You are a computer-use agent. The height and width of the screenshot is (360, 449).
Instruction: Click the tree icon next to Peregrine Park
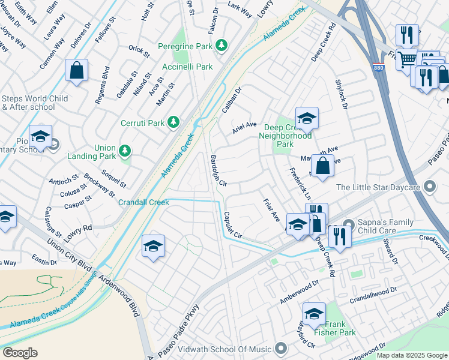point(221,46)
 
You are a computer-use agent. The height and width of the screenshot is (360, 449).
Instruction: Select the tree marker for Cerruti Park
point(173,122)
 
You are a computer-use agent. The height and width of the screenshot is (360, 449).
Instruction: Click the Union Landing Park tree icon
point(125,150)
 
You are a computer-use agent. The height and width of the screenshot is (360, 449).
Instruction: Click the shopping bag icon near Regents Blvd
point(77,71)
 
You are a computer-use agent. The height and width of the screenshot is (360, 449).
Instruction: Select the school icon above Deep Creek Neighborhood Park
point(306,118)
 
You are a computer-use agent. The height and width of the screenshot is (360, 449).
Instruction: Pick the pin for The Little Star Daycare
point(429,187)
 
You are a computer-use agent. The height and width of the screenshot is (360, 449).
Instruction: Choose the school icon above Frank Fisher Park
point(313,314)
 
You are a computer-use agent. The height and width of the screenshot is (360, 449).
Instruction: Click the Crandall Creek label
point(143,202)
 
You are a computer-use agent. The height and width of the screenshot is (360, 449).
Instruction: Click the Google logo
point(20,352)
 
